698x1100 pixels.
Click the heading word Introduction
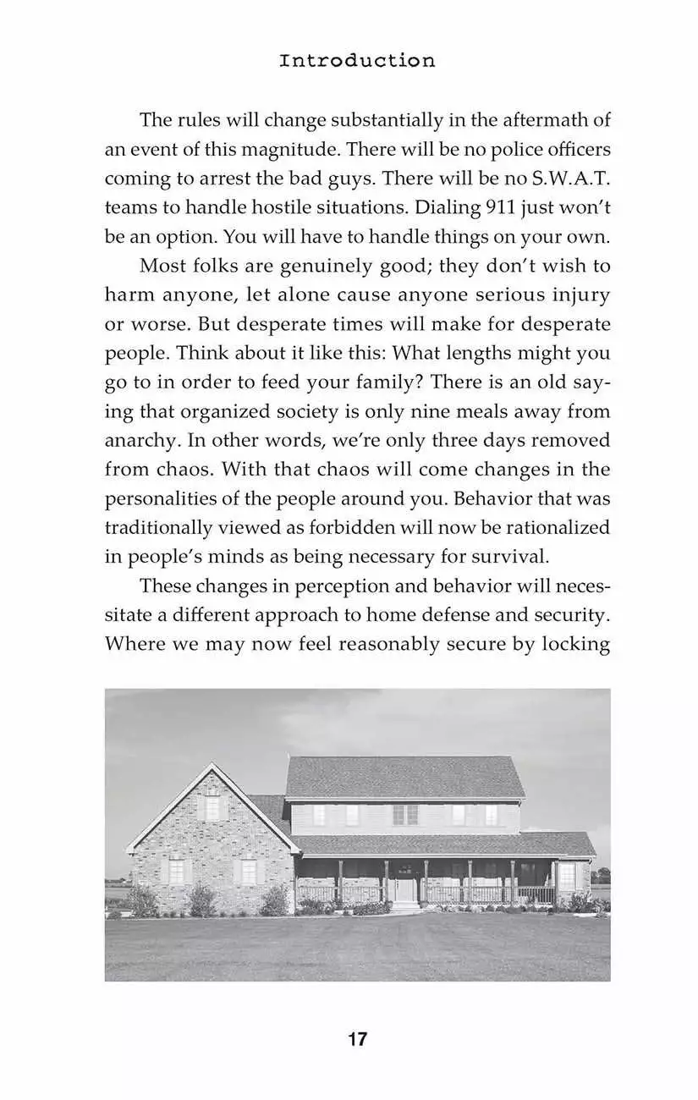tap(357, 61)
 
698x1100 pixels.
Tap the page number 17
tap(357, 1039)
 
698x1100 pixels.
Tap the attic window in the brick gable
tap(212, 807)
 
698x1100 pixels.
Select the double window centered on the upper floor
tap(405, 814)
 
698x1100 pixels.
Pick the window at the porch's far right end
tap(566, 877)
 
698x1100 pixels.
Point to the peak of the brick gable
tap(212, 765)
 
